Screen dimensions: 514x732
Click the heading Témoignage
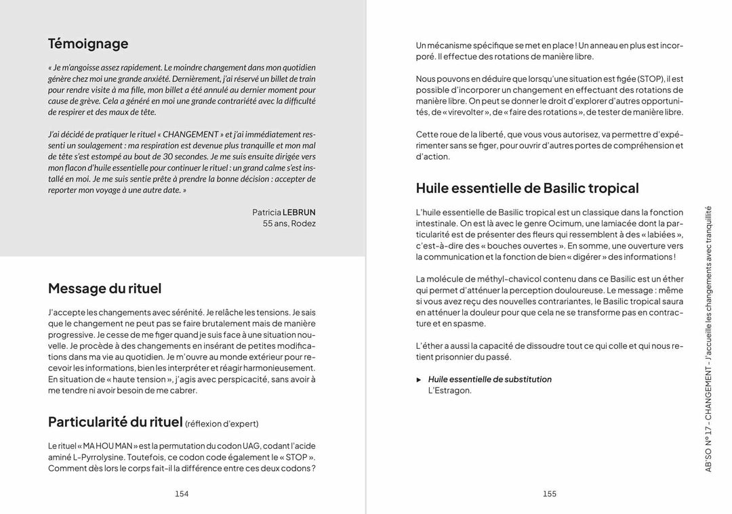88,44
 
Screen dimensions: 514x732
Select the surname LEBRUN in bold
299,212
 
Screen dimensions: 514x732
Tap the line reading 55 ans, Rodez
289,223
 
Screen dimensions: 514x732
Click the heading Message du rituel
104,288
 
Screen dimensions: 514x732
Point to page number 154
182,494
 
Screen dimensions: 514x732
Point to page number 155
550,494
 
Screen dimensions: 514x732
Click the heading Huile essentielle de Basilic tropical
527,188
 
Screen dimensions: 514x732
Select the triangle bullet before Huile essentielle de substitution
419,380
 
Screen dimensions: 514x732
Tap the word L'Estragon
449,391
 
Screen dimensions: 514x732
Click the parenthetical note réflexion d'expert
222,424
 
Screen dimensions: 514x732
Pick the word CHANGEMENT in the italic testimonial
190,134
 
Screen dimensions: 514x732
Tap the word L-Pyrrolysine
91,457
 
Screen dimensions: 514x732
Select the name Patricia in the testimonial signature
266,212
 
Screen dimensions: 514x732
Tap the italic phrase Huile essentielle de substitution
489,379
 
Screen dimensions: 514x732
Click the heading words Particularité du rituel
115,422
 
